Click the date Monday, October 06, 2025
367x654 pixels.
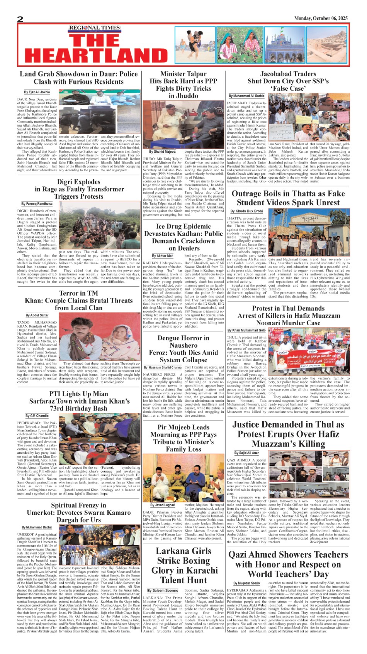point(321,18)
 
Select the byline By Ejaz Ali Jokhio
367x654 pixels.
point(37,92)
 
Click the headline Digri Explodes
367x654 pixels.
point(79,182)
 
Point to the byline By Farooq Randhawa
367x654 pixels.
point(37,204)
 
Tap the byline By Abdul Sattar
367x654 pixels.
point(37,315)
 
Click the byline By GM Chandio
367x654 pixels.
point(37,416)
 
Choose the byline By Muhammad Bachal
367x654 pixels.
point(37,527)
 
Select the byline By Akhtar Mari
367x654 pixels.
point(163,256)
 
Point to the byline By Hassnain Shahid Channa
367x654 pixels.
point(163,368)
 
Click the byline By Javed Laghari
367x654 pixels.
point(163,505)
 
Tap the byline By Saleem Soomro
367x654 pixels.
point(163,590)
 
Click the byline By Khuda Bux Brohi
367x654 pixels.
point(246,211)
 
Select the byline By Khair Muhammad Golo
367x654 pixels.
point(246,330)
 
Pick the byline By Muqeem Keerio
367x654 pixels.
point(246,583)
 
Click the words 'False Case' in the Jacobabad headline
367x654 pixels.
point(288,88)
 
